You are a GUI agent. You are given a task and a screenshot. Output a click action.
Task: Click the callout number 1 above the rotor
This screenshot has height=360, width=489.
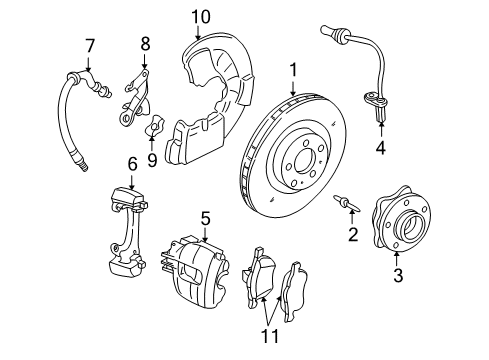tap(294, 69)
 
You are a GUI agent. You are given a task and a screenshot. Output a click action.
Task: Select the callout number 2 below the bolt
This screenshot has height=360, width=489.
tap(352, 235)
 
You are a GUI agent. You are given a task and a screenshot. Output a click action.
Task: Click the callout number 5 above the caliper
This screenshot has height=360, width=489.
tap(204, 217)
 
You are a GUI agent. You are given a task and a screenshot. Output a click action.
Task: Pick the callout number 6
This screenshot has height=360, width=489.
tap(131, 163)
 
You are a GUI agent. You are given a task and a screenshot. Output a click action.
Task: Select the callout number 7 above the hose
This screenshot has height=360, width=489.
tap(90, 45)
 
